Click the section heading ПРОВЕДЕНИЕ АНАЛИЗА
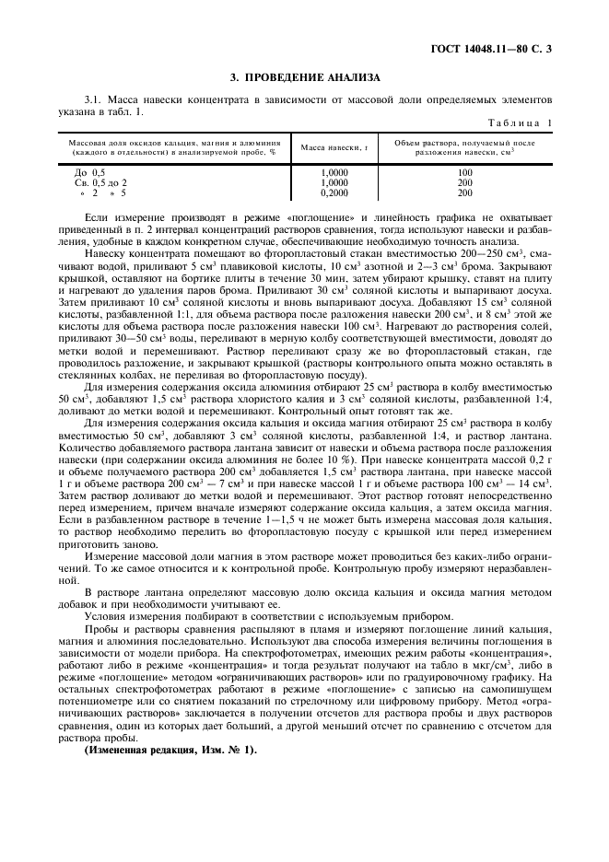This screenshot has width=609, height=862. pyautogui.click(x=304, y=77)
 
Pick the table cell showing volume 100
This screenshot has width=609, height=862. pyautogui.click(x=464, y=172)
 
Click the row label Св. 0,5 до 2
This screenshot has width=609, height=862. pyautogui.click(x=101, y=183)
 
